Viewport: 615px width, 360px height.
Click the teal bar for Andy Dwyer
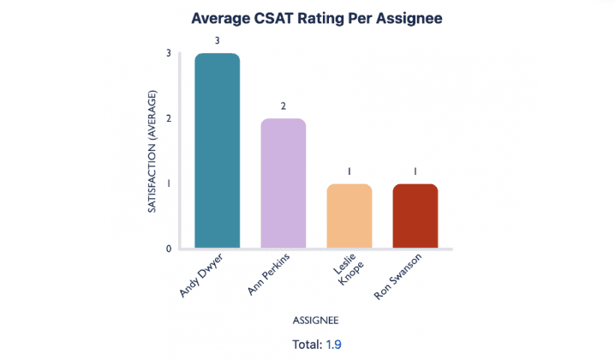[218, 151]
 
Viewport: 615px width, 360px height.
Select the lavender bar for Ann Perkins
[284, 183]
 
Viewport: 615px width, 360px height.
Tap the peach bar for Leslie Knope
[349, 216]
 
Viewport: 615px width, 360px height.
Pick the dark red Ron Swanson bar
[415, 216]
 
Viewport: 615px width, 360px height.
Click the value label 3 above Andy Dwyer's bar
[218, 40]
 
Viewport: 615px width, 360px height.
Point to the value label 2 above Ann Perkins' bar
[284, 105]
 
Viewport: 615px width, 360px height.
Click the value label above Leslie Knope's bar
[349, 171]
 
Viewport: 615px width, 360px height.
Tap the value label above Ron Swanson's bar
[415, 171]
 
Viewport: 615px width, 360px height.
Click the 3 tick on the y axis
[169, 53]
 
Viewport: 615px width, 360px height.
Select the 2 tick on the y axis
[169, 118]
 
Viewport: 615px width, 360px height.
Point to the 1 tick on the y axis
[169, 183]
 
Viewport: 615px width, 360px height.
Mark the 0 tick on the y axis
[169, 249]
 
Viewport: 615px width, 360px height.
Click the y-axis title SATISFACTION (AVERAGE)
[152, 151]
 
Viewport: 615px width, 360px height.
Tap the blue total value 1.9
[334, 344]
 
